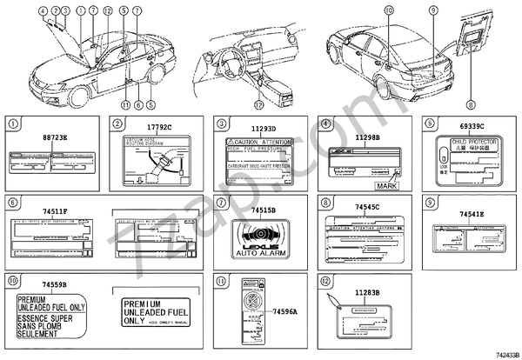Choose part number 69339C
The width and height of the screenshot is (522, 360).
[468, 128]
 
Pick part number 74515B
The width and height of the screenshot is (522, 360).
[263, 210]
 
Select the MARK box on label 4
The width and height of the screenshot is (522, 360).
[385, 186]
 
